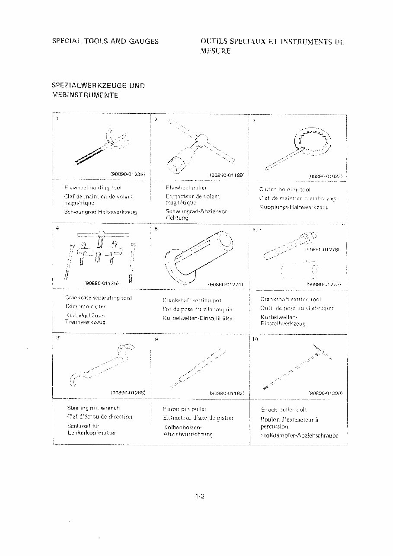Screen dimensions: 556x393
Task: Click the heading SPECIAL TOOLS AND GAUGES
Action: (x=105, y=42)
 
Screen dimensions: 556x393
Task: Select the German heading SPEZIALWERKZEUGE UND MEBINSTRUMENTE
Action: (x=98, y=90)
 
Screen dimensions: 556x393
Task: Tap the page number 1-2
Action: (x=199, y=496)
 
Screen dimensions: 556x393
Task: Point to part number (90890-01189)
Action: (x=227, y=175)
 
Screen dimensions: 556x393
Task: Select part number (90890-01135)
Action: (x=102, y=283)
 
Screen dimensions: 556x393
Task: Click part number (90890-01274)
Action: (x=226, y=284)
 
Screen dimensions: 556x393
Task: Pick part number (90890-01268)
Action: (x=128, y=393)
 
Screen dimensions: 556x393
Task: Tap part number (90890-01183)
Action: (x=227, y=393)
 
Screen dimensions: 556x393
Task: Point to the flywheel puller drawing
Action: (x=199, y=147)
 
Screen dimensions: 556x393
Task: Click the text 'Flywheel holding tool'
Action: (x=93, y=188)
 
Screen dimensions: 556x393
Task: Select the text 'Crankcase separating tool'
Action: (x=99, y=297)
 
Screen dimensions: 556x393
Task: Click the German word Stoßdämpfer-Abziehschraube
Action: (x=299, y=435)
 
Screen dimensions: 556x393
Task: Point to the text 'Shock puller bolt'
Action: (x=284, y=409)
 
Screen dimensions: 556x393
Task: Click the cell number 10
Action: (x=255, y=339)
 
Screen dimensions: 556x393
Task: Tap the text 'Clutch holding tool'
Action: (x=284, y=189)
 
